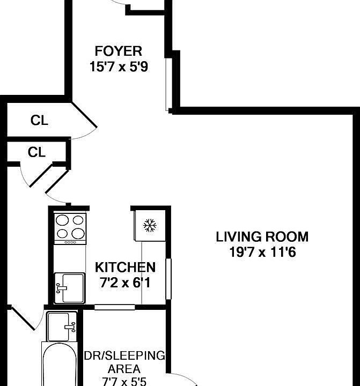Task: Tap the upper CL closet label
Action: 39,121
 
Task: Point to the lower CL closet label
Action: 36,153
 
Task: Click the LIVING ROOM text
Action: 262,236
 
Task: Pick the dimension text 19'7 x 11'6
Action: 262,252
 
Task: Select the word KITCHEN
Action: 125,267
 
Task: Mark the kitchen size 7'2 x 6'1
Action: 125,282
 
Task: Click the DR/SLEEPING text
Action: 124,356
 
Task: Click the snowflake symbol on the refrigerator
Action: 149,226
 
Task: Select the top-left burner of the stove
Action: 62,220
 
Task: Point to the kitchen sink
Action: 69,288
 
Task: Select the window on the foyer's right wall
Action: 168,80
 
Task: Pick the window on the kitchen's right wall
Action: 168,279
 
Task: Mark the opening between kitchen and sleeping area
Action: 114,307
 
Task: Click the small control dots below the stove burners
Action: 70,242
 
